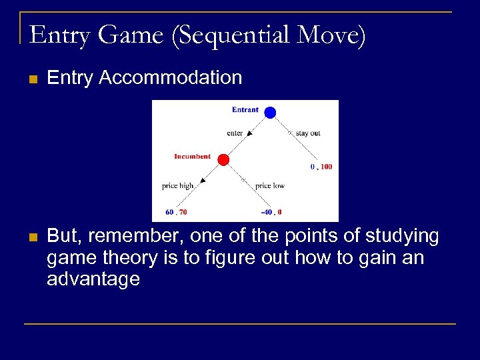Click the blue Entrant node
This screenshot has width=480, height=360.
tap(270, 113)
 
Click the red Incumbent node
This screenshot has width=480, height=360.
tap(223, 159)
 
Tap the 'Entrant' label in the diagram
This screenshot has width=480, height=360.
tap(245, 110)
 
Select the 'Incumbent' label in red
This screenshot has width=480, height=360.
tap(192, 157)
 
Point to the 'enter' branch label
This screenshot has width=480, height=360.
tap(235, 133)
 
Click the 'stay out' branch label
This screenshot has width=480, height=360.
tap(308, 133)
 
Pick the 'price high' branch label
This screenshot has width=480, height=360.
tap(177, 186)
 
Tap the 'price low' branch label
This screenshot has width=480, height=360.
tap(270, 186)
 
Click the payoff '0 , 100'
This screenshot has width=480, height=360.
tap(321, 167)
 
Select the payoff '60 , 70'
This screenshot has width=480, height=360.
tap(176, 212)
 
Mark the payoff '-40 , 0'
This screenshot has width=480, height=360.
tap(271, 212)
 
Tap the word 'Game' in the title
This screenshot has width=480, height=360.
tap(131, 35)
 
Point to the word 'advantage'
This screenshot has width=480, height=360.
tap(93, 279)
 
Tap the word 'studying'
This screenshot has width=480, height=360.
tap(399, 237)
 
